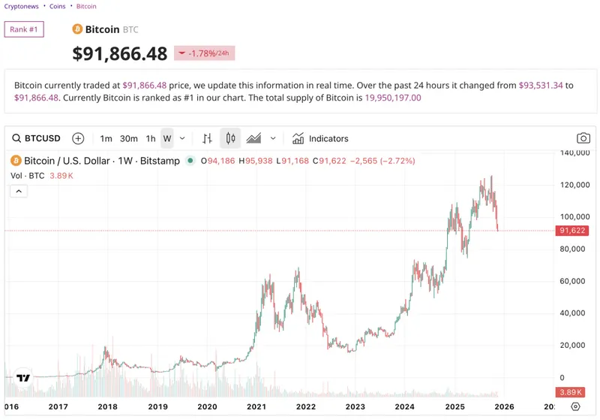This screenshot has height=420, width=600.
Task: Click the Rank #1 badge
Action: (x=25, y=29)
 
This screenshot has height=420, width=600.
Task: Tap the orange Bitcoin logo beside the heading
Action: (x=77, y=29)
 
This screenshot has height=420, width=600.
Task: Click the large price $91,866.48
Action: (x=120, y=53)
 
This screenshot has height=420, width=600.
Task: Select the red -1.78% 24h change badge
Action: (x=204, y=53)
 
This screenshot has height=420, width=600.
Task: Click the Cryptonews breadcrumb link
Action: (x=21, y=6)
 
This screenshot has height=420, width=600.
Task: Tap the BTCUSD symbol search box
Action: (x=37, y=138)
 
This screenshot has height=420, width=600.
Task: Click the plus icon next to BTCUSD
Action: (x=78, y=138)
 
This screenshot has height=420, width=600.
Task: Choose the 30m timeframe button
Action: (x=129, y=138)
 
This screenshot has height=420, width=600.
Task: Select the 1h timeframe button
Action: (x=151, y=138)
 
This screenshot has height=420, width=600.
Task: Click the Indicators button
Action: (x=320, y=138)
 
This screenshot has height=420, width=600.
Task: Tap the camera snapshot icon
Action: (x=583, y=138)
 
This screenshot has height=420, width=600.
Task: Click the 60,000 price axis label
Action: (x=573, y=281)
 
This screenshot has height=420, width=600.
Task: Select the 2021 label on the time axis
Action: (x=256, y=406)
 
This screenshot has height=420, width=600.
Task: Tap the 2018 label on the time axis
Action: (x=108, y=406)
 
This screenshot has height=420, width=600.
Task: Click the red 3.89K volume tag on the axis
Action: (x=571, y=392)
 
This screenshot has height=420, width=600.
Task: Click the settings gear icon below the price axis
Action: (x=575, y=406)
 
